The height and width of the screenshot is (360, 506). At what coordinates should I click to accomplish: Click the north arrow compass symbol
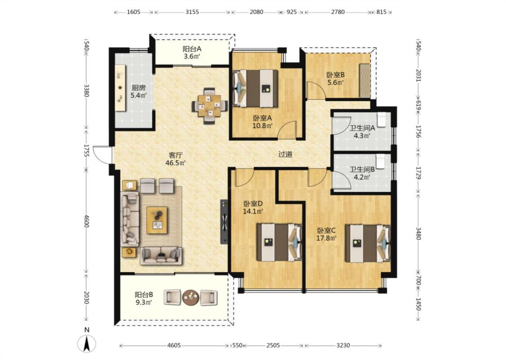pos(86,343)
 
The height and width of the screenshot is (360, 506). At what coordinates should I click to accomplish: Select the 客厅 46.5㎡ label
pos(175,158)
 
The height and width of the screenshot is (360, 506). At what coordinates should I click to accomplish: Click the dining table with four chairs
pos(210,106)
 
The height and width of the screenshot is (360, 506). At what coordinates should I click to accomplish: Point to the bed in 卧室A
pos(255,88)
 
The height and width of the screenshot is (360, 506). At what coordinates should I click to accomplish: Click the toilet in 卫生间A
pos(381,119)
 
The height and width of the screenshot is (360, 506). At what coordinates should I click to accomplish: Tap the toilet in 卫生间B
pos(381,162)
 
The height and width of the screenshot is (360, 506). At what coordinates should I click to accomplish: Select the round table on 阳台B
pos(191,297)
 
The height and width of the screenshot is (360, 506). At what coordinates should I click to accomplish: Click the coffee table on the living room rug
pos(157,220)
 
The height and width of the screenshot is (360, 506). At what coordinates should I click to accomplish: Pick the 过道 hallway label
pos(285,154)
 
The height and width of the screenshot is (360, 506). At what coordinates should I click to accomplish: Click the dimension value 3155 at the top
pos(192,12)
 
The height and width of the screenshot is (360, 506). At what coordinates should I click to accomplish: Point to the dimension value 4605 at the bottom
pos(174,346)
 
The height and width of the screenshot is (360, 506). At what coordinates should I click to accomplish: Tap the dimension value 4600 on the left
pos(86,221)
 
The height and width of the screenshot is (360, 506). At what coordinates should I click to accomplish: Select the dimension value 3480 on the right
pos(418,234)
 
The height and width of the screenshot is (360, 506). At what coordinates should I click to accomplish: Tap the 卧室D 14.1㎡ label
pos(253,207)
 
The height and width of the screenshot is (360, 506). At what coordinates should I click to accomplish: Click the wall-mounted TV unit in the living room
pos(224,221)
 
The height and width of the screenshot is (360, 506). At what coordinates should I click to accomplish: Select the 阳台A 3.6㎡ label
pos(192,53)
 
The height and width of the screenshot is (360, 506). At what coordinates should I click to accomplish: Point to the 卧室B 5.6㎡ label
pos(335,78)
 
